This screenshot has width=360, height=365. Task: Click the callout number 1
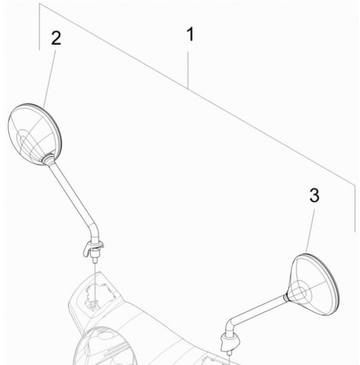[188, 35]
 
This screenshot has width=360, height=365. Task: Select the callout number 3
[314, 195]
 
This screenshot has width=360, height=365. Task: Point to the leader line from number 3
[310, 230]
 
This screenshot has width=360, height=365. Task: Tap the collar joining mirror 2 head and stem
[48, 159]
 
